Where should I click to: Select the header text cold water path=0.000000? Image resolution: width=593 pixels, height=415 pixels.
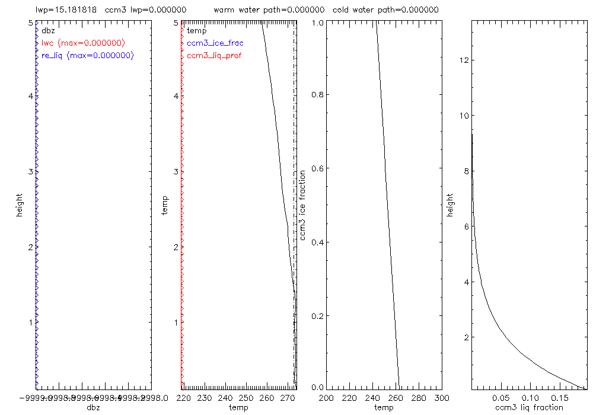click(385, 10)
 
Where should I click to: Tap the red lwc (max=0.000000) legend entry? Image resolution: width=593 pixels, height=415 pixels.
click(83, 43)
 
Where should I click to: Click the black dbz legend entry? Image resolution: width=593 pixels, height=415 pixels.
click(48, 30)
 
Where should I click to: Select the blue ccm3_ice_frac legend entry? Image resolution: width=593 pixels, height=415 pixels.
click(215, 43)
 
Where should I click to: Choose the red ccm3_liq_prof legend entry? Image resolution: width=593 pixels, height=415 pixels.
click(214, 55)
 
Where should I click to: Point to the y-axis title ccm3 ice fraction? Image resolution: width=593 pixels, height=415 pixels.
click(302, 205)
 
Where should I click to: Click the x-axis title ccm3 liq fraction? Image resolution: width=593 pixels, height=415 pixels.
click(528, 407)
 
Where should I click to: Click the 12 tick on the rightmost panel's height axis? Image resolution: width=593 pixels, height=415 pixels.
click(466, 60)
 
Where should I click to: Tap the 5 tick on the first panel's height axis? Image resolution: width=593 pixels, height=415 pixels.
click(29, 23)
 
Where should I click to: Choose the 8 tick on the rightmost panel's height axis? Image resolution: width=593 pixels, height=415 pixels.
click(467, 171)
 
